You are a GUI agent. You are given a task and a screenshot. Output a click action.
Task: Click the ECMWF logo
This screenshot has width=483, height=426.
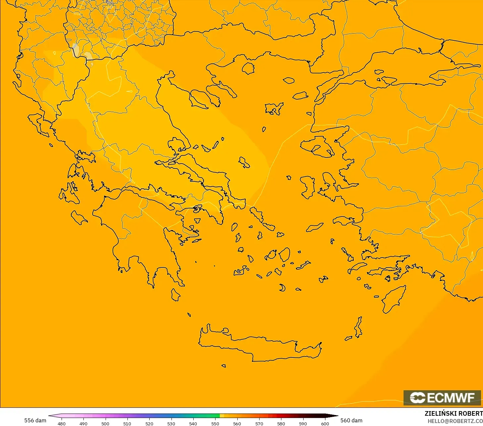coord(442,398)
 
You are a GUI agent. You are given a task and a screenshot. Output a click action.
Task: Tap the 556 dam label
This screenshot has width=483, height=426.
coord(35,420)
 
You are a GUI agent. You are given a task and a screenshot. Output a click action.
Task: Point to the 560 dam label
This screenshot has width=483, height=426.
coord(351,420)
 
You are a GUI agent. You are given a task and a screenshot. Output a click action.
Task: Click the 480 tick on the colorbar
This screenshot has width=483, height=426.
coord(62,423)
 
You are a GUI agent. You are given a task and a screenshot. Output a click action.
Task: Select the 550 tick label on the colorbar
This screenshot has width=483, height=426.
coord(215,423)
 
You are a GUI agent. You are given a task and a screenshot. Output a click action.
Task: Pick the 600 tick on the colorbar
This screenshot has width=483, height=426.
coord(325,423)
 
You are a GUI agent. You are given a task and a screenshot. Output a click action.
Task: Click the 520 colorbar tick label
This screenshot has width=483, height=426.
coord(149,423)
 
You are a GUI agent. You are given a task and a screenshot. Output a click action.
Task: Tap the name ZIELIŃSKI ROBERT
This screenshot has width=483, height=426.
coord(454,413)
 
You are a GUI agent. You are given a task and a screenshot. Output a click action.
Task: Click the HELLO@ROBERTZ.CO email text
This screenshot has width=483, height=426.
coord(455,421)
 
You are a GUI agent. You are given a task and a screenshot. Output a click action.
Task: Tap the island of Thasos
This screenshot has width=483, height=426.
coord(248,69)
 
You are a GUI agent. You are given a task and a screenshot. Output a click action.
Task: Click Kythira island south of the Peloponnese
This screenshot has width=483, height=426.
coord(175,295)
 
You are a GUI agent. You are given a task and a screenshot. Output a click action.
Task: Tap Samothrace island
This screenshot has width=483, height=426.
coord(289,80)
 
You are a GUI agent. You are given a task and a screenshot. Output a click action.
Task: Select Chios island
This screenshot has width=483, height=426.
coord(308,187)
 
